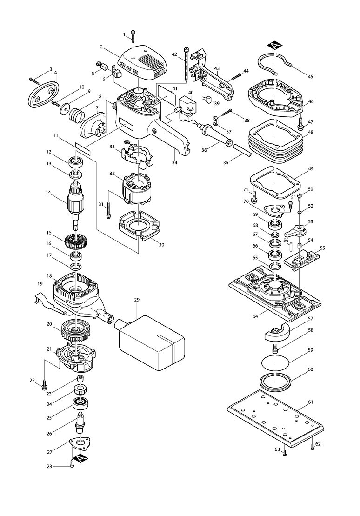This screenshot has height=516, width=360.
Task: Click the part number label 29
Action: click(137, 300)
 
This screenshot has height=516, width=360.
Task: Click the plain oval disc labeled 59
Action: click(275, 363)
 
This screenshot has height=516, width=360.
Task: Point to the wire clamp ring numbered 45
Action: click(273, 60)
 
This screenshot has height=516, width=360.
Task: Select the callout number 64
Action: click(255, 316)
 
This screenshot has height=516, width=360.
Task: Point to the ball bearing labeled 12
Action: click(76, 162)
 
